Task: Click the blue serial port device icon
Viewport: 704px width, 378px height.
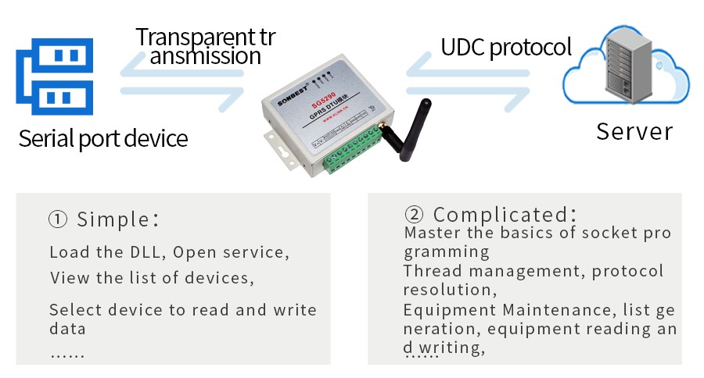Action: click(55, 76)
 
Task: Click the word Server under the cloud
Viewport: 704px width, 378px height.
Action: click(634, 130)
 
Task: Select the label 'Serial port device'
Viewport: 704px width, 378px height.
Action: click(103, 139)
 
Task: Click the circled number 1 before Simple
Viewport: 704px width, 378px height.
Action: click(58, 219)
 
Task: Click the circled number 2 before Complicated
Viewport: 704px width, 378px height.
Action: click(414, 215)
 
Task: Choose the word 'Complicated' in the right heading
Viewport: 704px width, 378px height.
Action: click(501, 215)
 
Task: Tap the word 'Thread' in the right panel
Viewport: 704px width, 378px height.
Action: click(428, 272)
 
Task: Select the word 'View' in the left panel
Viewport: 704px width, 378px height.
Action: click(66, 278)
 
